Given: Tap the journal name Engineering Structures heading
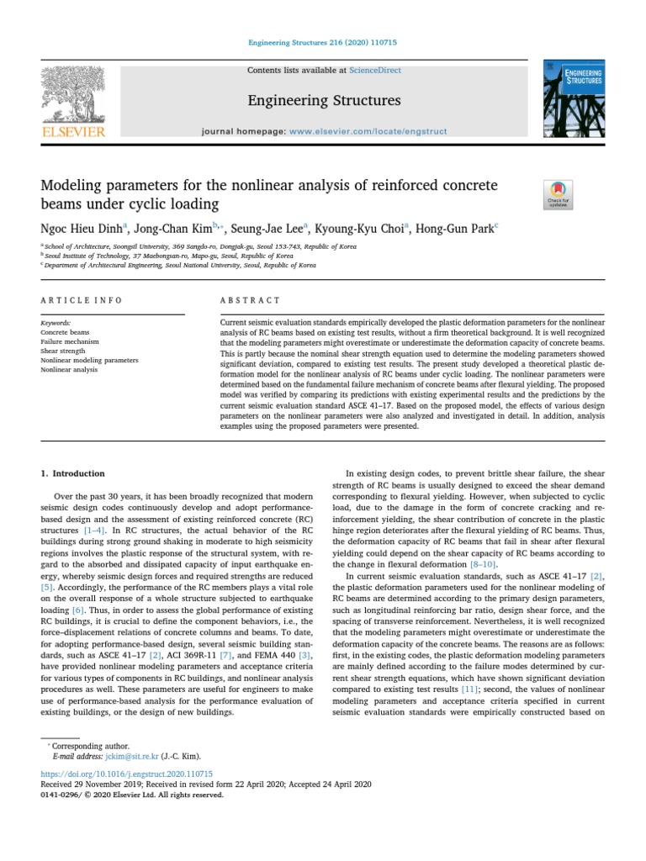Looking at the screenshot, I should click(x=323, y=102).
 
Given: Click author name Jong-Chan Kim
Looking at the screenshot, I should click(x=176, y=227).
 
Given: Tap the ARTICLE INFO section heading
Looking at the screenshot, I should click(x=82, y=300).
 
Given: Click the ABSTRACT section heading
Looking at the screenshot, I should click(x=250, y=300).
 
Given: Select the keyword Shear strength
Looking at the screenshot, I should click(x=63, y=351).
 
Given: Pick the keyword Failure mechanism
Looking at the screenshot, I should click(x=70, y=342).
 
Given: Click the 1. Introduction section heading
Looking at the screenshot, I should click(x=73, y=474).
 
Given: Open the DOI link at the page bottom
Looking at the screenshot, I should click(x=126, y=774).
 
